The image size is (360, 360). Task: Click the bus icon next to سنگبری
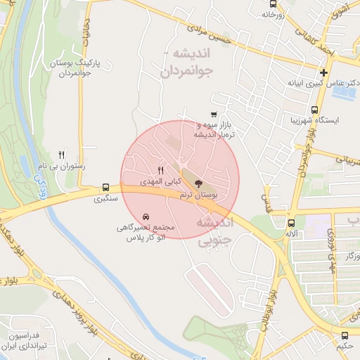tap(105, 188)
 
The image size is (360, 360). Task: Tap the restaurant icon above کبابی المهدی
tap(160, 170)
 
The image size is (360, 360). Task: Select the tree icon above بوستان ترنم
tap(195, 182)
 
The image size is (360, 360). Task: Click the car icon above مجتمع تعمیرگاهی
tap(146, 216)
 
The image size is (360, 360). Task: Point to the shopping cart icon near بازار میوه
tap(213, 115)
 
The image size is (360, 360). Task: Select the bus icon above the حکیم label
tap(345, 335)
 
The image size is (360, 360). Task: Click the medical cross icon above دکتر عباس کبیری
tap(323, 72)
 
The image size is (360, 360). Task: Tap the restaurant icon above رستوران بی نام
tap(61, 155)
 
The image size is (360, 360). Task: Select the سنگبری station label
tap(108, 199)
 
